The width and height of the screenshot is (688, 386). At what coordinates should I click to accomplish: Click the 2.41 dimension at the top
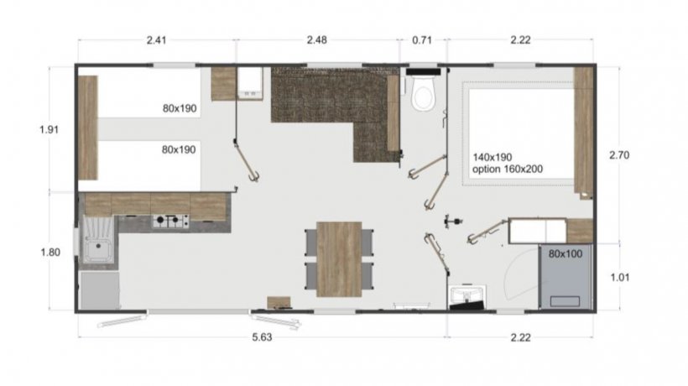tap(157, 40)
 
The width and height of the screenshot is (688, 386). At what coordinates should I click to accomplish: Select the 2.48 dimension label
tap(317, 40)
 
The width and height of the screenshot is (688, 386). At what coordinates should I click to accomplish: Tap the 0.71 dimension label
tap(422, 40)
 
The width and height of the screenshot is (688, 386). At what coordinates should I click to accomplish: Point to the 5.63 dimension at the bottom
tap(262, 337)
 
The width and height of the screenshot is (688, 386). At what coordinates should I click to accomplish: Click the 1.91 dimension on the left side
tap(50, 130)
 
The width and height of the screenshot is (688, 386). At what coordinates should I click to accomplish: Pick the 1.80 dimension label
tap(50, 253)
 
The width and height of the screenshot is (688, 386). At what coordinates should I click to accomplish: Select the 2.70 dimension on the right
tap(619, 155)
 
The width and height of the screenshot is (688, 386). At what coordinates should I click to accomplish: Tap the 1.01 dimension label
tap(619, 277)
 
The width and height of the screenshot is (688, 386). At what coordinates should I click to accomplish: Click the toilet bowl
tap(423, 93)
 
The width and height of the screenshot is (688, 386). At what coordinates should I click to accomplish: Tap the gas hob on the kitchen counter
tap(170, 222)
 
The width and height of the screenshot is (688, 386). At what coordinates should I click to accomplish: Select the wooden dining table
tap(339, 258)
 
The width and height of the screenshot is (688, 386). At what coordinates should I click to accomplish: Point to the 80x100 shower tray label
tap(566, 253)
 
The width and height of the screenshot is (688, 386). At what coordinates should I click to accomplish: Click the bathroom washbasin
tap(466, 295)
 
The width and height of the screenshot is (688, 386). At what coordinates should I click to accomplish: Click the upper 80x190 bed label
tap(180, 108)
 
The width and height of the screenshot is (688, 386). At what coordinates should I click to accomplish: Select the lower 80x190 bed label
tap(179, 149)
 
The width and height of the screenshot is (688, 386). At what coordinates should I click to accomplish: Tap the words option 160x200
tap(508, 169)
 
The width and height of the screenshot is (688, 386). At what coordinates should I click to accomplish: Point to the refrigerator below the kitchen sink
tap(100, 290)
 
